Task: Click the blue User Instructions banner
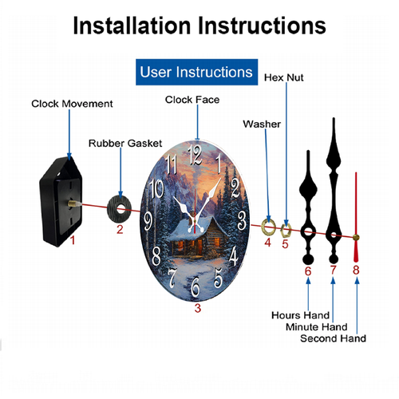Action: coord(196,72)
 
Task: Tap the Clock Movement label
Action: coord(72,104)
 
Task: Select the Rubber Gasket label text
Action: coord(125,143)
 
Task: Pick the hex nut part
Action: coord(286,231)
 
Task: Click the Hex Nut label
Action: coord(283,77)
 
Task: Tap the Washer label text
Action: coord(262,124)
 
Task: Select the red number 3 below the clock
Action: coord(198,308)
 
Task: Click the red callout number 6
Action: coord(308,271)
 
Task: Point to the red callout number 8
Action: coord(356,270)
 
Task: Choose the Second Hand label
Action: coord(333,338)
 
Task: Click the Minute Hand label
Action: coord(317,326)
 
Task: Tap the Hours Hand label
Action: coord(300,315)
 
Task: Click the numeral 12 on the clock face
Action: coord(195,155)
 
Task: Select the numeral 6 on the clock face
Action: coord(196,286)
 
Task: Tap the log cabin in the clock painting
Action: coord(197,235)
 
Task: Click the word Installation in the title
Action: coord(132,26)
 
